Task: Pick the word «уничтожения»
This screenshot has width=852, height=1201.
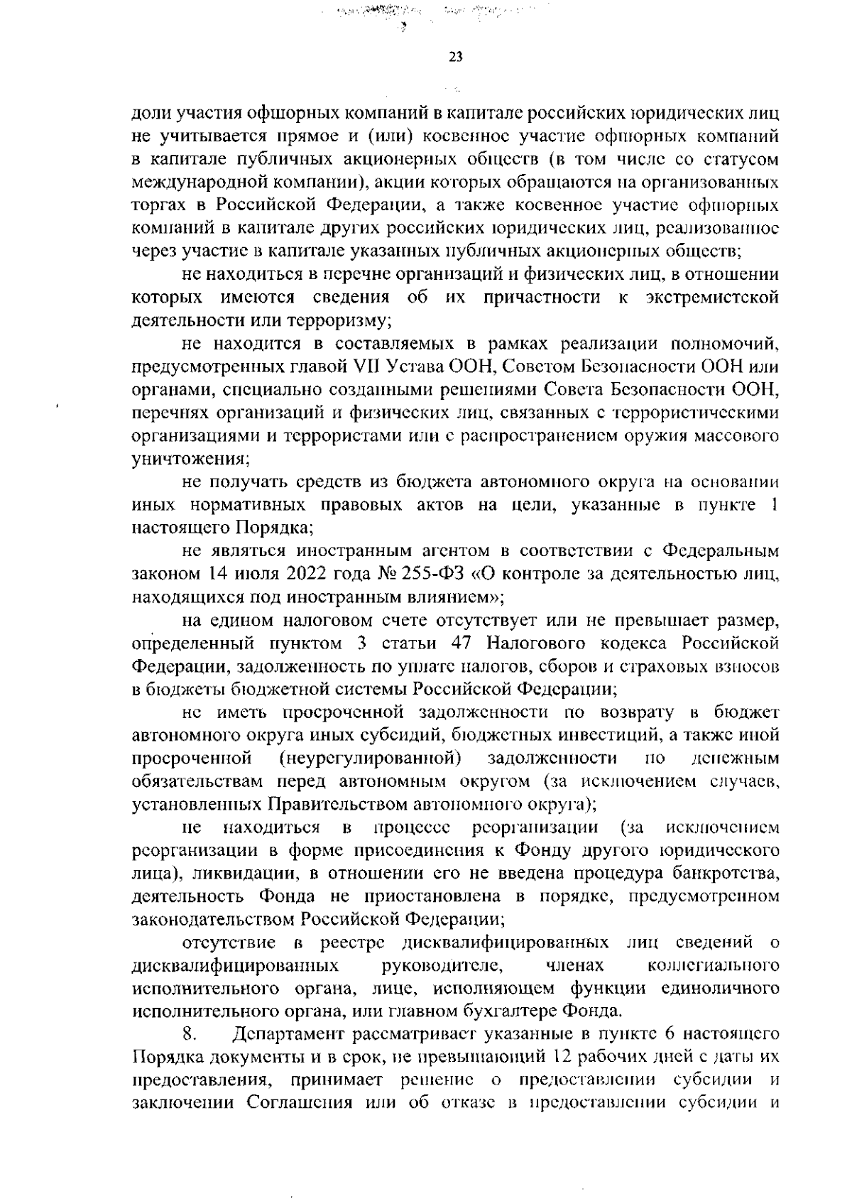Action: (189, 459)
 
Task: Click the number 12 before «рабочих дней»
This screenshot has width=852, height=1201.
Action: (563, 1057)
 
